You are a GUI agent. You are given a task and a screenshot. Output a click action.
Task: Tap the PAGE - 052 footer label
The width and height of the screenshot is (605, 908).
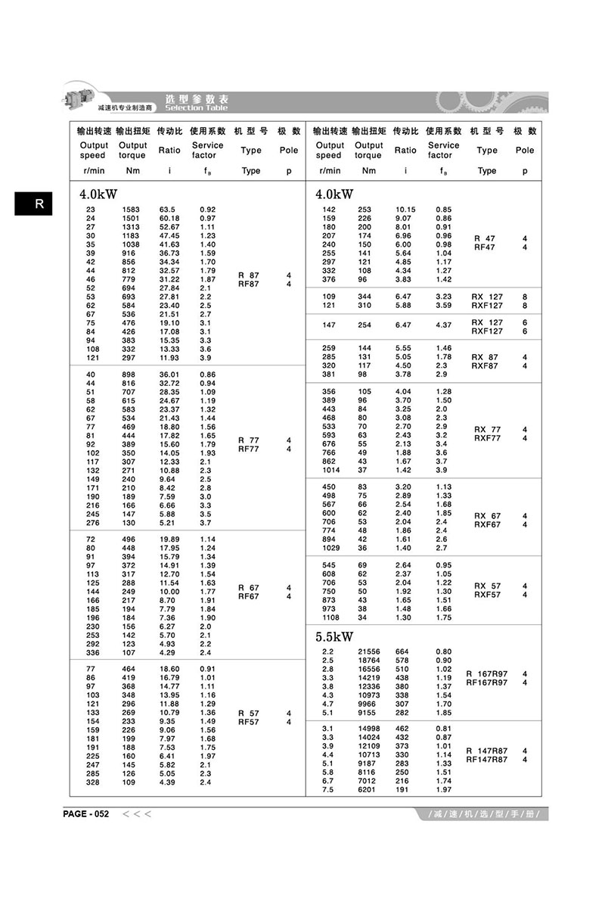86,814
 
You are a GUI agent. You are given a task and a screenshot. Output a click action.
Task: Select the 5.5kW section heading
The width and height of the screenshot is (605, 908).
334,636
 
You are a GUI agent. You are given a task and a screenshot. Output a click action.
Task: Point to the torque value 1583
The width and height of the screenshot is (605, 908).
132,209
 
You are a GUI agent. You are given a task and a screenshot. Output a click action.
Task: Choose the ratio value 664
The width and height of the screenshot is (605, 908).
402,651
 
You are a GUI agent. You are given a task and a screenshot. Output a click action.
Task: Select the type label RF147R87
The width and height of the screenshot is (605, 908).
486,760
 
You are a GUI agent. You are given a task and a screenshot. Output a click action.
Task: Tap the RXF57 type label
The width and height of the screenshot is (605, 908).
486,595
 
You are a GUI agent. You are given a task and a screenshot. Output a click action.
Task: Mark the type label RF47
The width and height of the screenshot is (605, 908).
484,247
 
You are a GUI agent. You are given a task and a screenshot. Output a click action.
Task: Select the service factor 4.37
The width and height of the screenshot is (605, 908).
444,325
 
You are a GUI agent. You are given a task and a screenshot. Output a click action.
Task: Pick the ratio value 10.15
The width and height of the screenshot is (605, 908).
405,209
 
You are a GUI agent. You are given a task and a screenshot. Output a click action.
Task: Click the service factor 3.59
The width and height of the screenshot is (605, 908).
444,305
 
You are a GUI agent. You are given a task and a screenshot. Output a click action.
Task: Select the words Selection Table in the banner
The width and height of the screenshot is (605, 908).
195,108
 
